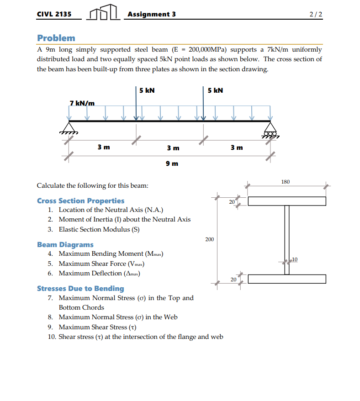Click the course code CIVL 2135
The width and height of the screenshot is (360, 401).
click(54, 14)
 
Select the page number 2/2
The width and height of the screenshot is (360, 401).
click(315, 14)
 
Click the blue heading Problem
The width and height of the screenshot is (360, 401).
click(56, 38)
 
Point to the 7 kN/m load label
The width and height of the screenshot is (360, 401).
click(82, 103)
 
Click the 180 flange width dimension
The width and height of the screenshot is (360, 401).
click(285, 182)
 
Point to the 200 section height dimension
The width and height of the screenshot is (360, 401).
click(209, 239)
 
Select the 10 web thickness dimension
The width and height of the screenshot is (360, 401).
click(295, 259)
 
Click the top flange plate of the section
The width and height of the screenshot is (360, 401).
click(286, 201)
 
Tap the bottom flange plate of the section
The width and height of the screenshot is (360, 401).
click(286, 279)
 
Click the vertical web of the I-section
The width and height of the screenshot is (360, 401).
click(287, 240)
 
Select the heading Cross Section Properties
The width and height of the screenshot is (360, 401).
click(80, 201)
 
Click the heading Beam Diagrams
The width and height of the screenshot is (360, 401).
click(65, 245)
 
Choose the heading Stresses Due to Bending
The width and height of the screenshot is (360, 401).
click(80, 289)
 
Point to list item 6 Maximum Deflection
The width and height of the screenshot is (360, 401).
click(99, 273)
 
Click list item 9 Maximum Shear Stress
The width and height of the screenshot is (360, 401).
click(98, 327)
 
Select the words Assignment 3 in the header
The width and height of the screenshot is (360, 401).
click(152, 14)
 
